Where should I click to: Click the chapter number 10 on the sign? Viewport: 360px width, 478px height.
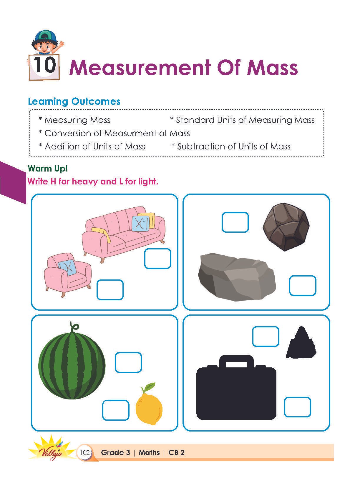click(44, 65)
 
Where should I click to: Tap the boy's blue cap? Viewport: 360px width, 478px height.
click(45, 36)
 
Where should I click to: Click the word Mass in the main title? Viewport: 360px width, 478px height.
click(272, 68)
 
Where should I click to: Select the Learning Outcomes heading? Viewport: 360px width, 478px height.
click(74, 101)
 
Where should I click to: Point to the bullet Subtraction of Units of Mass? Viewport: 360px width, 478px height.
click(231, 146)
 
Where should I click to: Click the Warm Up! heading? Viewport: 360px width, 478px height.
click(48, 169)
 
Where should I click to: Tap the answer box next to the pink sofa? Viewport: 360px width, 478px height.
click(157, 259)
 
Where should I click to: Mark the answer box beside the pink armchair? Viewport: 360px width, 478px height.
click(110, 290)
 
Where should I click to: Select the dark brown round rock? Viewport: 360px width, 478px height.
click(286, 227)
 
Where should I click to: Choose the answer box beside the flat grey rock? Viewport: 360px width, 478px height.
click(303, 286)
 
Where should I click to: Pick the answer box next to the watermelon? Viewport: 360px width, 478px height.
click(128, 362)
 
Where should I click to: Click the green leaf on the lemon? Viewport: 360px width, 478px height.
click(149, 387)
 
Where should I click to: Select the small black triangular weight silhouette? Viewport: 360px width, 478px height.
click(301, 342)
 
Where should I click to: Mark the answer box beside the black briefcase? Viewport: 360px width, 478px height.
click(298, 407)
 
